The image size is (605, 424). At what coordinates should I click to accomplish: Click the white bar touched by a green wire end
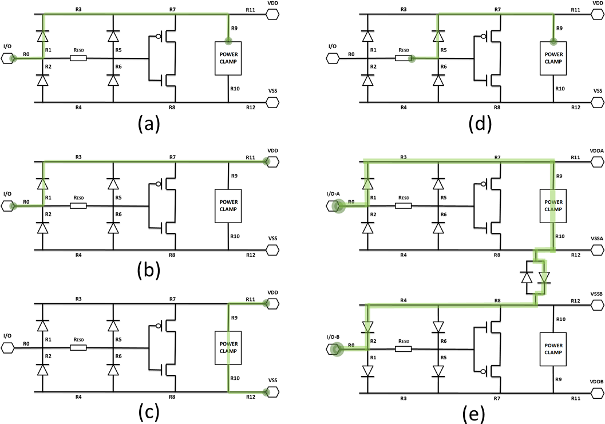404,58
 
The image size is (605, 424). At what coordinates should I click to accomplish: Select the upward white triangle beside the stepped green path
527,278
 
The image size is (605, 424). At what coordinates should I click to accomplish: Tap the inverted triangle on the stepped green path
544,278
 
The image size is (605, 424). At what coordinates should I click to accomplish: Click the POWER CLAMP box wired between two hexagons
228,348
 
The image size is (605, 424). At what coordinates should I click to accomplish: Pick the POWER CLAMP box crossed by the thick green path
553,205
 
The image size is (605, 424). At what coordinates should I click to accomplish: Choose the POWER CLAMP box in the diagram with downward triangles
553,349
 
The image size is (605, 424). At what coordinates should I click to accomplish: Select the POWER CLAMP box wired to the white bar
553,58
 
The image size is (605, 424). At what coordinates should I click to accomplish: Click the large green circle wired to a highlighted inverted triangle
338,348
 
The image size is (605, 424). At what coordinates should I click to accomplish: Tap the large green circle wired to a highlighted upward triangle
338,205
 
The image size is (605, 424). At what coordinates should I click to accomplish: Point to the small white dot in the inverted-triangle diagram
484,371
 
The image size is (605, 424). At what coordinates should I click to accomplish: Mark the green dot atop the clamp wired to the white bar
553,41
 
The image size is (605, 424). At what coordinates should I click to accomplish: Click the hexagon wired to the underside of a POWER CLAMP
272,392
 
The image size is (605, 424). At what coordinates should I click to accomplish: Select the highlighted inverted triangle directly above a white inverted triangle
367,327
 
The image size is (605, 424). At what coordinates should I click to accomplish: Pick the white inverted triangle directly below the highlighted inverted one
367,371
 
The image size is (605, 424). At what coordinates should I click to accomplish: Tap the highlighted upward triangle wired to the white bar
438,37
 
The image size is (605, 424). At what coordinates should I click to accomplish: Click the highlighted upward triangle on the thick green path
367,184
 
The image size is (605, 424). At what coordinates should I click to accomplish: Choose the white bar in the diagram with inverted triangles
404,348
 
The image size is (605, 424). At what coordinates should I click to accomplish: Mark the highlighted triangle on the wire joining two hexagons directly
42,184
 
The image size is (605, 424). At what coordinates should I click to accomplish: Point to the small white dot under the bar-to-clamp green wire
484,36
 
